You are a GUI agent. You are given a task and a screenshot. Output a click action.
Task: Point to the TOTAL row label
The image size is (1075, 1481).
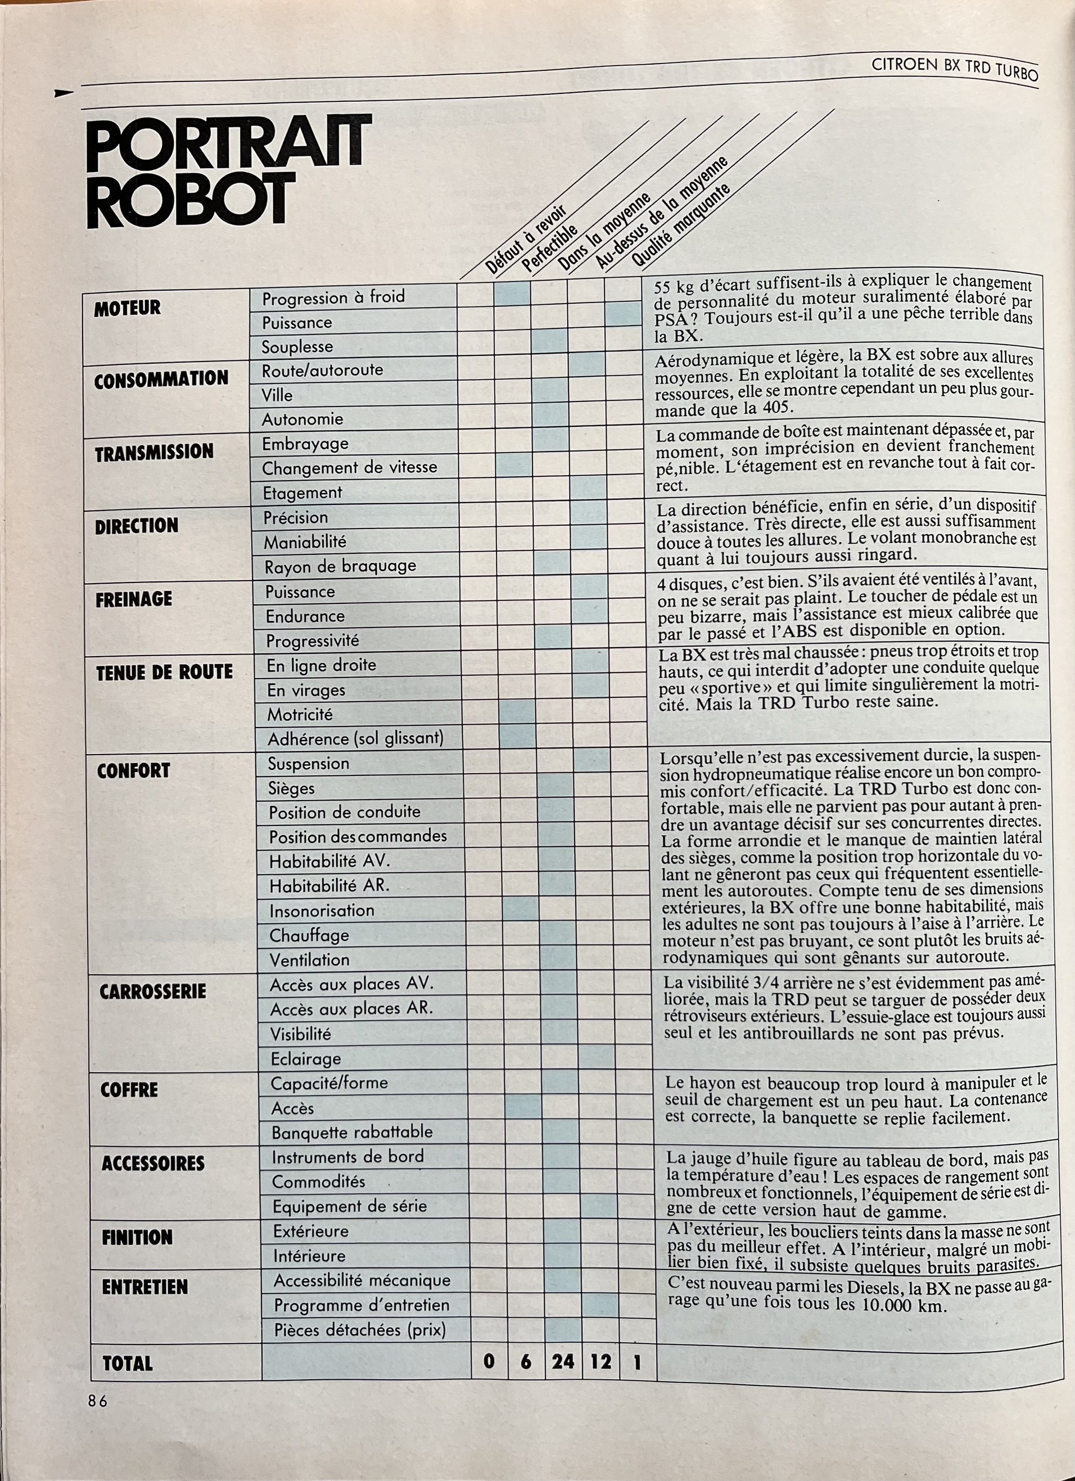click(128, 1363)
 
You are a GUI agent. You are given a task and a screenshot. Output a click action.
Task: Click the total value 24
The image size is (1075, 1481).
click(563, 1362)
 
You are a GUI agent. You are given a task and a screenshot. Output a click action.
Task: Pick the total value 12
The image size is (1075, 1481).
click(600, 1362)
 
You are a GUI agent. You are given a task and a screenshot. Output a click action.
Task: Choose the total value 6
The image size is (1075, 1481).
click(526, 1363)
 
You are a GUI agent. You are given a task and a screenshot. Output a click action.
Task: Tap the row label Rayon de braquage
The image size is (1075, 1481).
click(340, 566)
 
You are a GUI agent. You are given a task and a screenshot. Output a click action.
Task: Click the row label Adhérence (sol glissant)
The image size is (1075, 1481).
click(355, 739)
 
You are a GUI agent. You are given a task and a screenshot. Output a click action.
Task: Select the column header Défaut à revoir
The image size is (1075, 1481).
click(526, 238)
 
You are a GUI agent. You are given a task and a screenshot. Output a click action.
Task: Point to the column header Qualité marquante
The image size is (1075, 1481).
click(679, 225)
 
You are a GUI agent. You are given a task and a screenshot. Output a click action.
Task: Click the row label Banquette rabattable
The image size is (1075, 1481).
click(352, 1132)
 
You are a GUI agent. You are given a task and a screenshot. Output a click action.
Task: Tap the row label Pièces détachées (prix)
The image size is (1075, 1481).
click(360, 1330)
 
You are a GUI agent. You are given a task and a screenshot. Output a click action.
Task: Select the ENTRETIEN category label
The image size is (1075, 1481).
click(144, 1287)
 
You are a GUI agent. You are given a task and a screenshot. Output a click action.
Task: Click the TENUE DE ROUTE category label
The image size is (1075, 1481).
click(164, 672)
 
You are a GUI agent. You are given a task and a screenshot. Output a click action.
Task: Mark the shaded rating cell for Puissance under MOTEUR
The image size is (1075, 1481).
click(622, 314)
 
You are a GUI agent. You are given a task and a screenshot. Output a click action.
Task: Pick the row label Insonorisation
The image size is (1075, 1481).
click(322, 910)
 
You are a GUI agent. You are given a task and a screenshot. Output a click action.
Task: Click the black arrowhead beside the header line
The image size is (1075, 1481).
click(65, 94)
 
